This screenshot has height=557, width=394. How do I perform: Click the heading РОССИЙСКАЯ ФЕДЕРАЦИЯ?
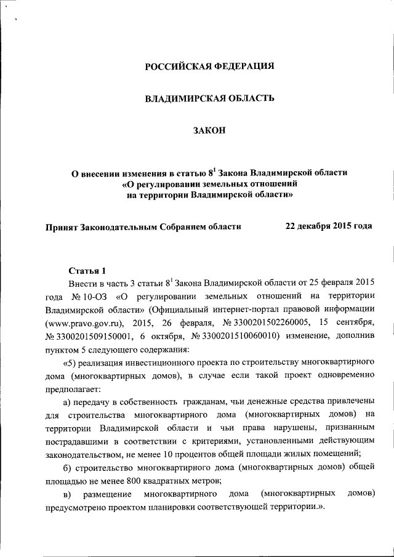tap(209, 66)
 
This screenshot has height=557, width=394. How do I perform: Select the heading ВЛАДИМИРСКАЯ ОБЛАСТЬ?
tap(209, 98)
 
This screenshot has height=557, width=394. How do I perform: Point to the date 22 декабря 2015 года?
tap(329, 226)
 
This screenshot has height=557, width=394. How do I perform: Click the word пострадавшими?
tap(74, 442)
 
